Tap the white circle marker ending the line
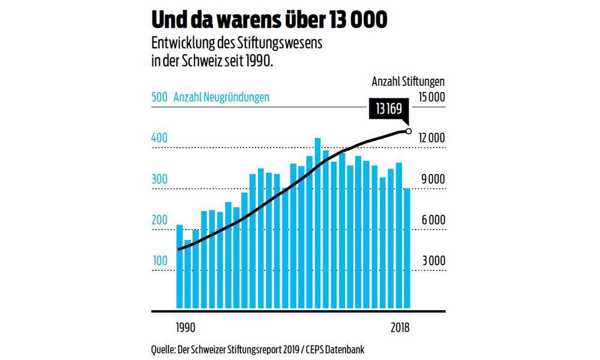pos(409,131)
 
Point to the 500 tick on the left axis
pos(159,98)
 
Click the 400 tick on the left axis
pos(159,138)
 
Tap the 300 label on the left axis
pos(159,179)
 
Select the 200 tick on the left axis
pos(159,220)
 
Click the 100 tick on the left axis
pos(159,261)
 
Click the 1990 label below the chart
pos(185,328)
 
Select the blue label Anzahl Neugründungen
pos(221,98)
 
